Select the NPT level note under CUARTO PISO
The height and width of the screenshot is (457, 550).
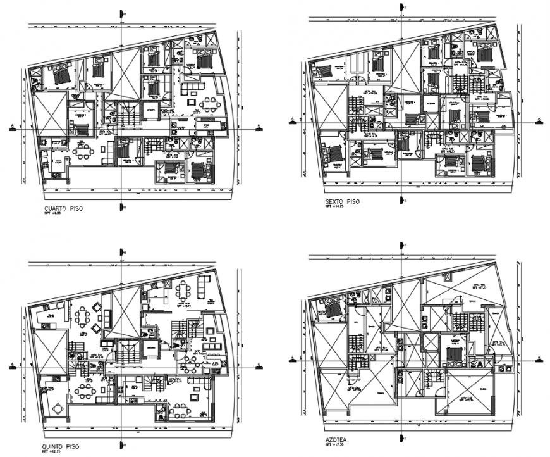pos(53,215)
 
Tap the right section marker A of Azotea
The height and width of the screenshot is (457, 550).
pos(538,359)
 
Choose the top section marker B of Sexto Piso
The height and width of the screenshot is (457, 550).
pos(403,8)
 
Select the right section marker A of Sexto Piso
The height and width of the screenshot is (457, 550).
pos(537,119)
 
